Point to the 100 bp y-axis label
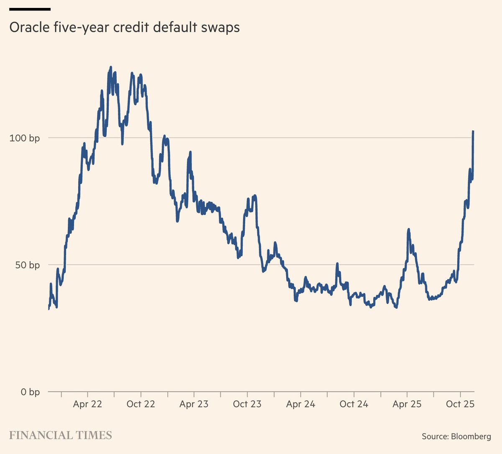25,138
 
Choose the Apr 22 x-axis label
87,404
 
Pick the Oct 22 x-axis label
141,404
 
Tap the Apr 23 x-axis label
194,404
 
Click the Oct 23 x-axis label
247,404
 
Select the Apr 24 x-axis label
300,404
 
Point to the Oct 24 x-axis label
354,404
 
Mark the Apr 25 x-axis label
407,404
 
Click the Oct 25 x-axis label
460,404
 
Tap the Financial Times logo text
61,435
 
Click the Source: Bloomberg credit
456,436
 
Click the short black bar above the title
30,9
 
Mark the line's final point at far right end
473,131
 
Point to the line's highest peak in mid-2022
111,67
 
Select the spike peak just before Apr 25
408,229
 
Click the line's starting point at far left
49,309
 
